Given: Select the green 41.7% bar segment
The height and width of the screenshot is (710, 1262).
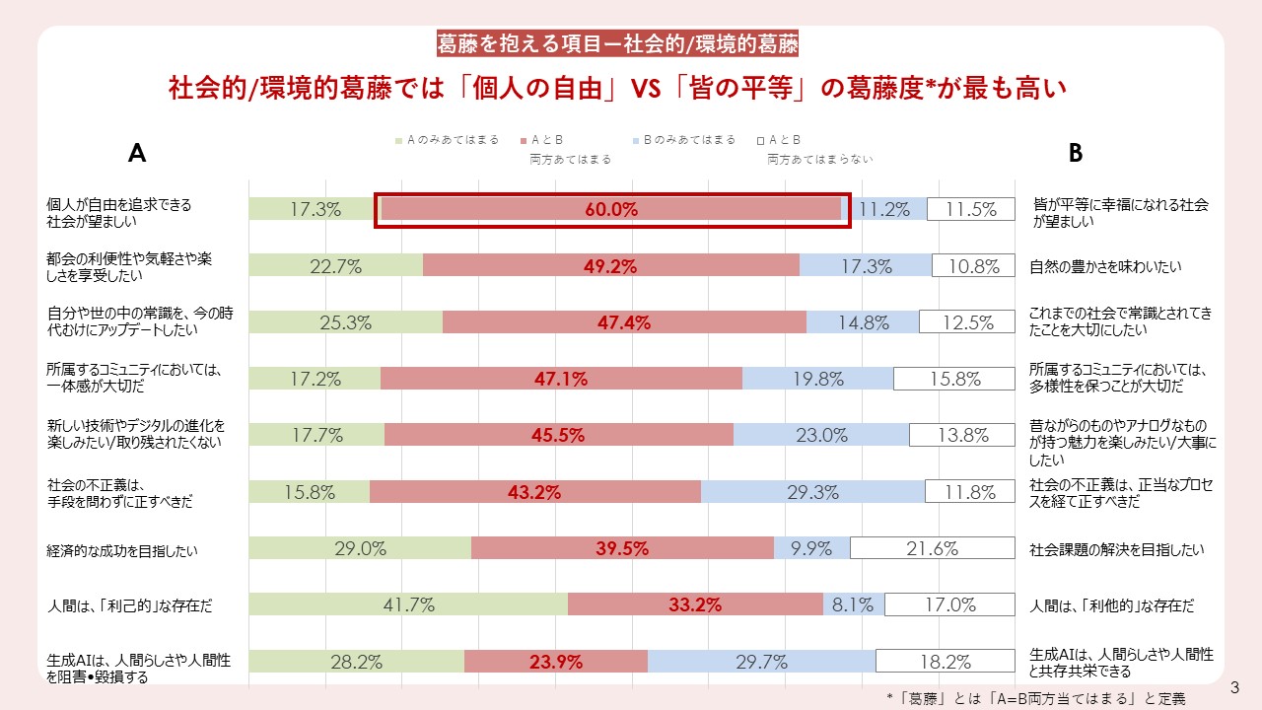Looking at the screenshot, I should (x=408, y=605).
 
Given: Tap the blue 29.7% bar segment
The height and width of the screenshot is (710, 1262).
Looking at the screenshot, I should (x=761, y=662).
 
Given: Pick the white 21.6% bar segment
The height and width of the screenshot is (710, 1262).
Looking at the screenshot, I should (x=932, y=548).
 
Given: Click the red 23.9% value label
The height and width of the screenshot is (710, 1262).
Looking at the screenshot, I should (x=555, y=663).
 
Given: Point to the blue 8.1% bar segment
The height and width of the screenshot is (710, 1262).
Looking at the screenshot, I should (x=853, y=605).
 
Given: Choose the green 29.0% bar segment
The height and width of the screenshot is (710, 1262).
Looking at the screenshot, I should (x=360, y=548).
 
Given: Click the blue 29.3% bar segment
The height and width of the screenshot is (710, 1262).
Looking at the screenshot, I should (x=812, y=492).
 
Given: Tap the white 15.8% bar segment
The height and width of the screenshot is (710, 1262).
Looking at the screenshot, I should (x=953, y=379).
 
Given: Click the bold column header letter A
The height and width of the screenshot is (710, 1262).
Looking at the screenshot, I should (x=137, y=153).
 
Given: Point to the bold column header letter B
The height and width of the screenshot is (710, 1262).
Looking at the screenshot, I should (x=1076, y=153).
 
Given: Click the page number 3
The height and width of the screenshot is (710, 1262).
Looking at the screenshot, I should (x=1234, y=685).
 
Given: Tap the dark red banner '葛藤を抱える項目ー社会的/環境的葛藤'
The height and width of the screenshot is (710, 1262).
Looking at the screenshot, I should (x=617, y=43).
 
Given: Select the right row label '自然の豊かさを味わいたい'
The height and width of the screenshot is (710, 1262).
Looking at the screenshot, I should (x=1105, y=266).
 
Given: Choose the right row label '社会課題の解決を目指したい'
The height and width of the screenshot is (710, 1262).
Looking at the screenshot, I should (x=1117, y=550).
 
